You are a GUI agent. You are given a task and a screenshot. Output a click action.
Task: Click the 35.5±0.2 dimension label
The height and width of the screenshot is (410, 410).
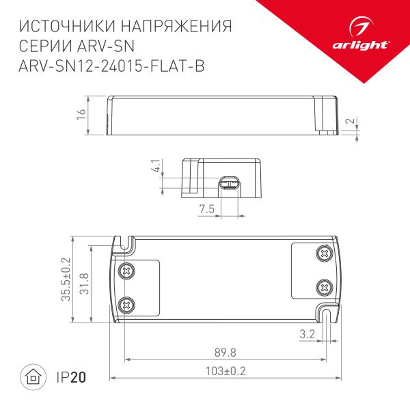(66, 279)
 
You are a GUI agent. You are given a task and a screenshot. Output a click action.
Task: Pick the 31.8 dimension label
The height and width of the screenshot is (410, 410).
(83, 279)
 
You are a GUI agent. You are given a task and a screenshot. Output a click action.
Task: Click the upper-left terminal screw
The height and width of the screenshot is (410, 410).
(126, 270)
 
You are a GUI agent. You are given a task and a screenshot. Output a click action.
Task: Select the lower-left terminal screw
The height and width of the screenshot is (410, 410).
(126, 304)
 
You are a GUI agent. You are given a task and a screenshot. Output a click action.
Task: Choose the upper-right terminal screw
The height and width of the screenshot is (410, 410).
(323, 254)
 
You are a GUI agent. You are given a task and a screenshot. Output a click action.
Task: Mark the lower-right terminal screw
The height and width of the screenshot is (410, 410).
(323, 287)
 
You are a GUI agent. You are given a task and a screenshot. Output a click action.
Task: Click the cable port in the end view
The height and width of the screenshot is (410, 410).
(229, 182)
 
